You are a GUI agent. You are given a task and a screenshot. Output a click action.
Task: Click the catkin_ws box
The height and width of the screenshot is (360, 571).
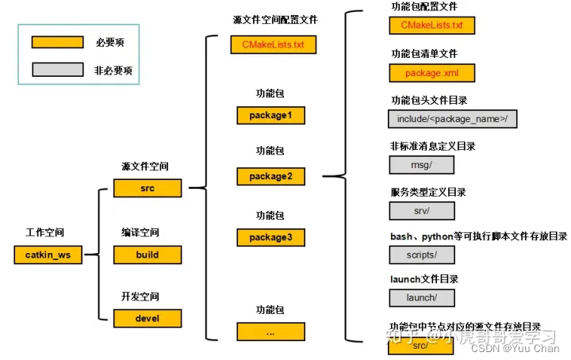click(48, 255)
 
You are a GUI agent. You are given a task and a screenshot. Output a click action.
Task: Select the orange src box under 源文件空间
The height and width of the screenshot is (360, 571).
click(148, 189)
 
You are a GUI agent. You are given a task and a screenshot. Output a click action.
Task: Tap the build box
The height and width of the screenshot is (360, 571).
click(148, 255)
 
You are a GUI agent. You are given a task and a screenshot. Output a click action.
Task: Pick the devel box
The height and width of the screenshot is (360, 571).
click(148, 319)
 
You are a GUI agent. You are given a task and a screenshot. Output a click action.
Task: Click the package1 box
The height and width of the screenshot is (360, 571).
click(270, 116)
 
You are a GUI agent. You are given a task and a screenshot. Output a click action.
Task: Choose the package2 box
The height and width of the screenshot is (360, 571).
click(270, 176)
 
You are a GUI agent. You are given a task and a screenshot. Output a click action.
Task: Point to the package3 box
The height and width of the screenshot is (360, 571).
click(270, 237)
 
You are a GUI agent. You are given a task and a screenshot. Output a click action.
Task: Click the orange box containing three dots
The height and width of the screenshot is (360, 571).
click(270, 332)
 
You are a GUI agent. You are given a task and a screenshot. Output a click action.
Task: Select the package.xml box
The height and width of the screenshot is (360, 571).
click(431, 73)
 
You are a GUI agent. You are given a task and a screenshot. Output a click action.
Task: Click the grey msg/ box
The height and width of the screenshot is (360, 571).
click(421, 165)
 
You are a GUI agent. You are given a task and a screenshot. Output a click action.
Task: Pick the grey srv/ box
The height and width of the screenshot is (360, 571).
click(421, 210)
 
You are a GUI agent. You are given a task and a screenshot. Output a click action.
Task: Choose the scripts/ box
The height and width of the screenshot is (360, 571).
click(421, 255)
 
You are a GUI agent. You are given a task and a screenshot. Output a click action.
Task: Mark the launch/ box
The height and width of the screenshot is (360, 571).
click(421, 298)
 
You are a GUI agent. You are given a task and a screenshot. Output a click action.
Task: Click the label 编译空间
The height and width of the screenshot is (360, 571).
click(140, 233)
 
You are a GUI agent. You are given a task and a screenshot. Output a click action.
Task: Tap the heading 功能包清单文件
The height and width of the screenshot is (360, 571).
click(424, 53)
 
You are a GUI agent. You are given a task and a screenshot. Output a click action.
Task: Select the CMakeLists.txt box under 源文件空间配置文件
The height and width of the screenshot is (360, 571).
click(273, 44)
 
